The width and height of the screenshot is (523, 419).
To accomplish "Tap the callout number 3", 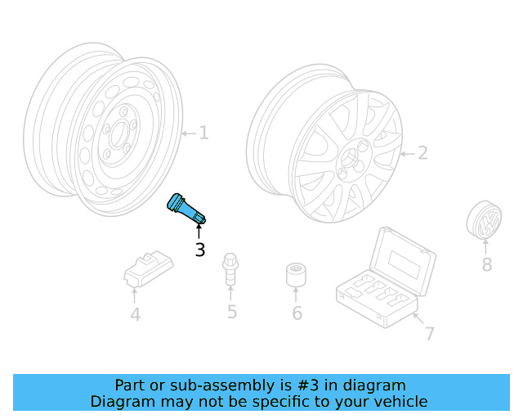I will [199, 250].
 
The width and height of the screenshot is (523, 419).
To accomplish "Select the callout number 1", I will [203, 133].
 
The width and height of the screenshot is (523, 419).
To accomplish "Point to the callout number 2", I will [422, 152].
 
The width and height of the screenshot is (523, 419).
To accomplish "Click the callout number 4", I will [135, 313].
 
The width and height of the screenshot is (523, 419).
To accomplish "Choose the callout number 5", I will [232, 312].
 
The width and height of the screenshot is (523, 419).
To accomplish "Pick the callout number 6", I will [297, 313].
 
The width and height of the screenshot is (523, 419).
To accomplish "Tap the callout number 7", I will [429, 333].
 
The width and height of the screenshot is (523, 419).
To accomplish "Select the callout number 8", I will [486, 264].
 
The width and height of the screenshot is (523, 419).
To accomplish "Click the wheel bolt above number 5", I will [231, 270].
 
